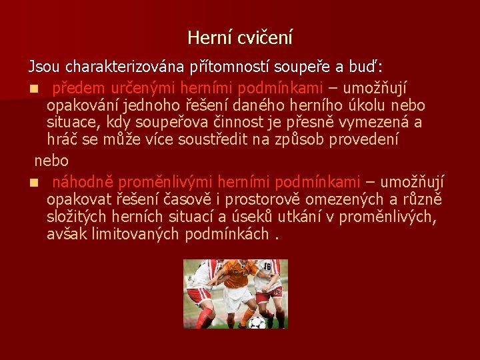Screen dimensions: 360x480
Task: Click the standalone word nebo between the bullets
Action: (x=51, y=161)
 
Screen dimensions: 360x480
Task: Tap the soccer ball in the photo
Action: (x=257, y=322)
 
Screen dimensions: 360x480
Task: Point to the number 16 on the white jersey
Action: (x=267, y=266)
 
